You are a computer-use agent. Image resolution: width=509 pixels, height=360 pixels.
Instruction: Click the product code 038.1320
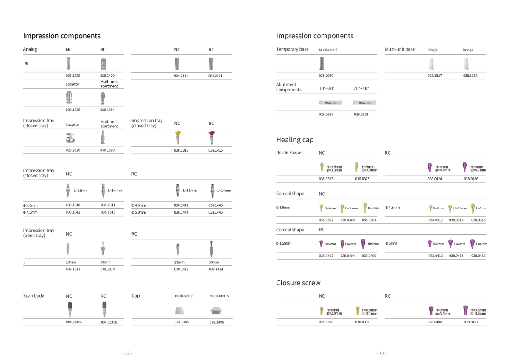tap(73, 76)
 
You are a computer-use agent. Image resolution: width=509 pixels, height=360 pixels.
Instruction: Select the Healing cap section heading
tap(295, 140)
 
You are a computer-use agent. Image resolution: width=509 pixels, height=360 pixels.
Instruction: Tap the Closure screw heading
tap(298, 283)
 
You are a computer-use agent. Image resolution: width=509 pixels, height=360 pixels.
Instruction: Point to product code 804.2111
tap(181, 76)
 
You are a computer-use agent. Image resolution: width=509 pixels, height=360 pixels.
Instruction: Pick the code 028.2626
tap(73, 150)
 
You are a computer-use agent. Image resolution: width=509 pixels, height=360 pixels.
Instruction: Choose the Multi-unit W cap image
tap(219, 310)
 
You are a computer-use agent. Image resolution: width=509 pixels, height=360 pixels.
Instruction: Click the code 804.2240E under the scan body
tap(109, 323)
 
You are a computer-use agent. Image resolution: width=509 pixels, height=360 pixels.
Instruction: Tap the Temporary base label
tap(292, 49)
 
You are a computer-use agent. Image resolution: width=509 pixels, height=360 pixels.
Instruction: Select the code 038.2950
tap(326, 76)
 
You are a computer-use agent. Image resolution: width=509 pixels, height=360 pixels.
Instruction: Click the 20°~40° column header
tap(361, 89)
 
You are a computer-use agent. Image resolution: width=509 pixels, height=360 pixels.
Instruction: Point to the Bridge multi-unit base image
tap(468, 64)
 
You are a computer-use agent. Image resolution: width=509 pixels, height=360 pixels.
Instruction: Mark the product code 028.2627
tap(326, 115)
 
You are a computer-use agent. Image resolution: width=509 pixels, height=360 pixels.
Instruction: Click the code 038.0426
tap(471, 179)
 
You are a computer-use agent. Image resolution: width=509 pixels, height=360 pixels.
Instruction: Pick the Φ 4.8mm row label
tap(392, 208)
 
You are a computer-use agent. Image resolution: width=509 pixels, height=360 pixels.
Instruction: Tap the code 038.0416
tap(478, 256)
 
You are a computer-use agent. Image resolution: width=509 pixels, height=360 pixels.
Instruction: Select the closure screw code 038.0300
tap(326, 322)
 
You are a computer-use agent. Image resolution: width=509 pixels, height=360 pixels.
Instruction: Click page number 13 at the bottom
tap(381, 353)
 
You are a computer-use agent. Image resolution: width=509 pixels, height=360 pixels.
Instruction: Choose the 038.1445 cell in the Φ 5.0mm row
tap(215, 212)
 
